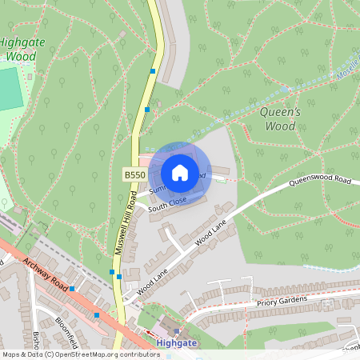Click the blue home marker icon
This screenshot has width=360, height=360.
(180, 172)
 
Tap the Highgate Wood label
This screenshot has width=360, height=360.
(21, 50)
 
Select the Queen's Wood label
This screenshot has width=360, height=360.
(280, 118)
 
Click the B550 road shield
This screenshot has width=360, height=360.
(133, 174)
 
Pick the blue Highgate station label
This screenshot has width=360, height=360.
(175, 342)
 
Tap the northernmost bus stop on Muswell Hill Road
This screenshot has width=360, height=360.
(152, 71)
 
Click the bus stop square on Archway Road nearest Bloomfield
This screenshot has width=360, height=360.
(97, 315)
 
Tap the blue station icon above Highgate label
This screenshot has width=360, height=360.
(176, 330)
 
